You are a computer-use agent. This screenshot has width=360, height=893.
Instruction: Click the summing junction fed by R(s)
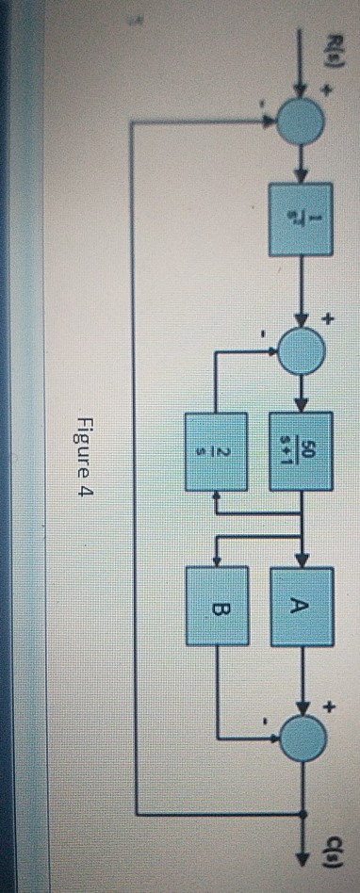[302, 119]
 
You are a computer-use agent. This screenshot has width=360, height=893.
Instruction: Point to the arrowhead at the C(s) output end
[302, 883]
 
